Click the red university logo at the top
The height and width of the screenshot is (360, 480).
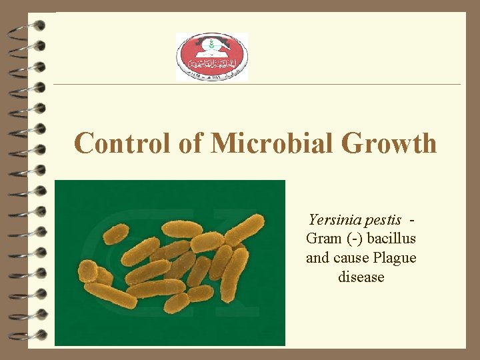click(x=211, y=57)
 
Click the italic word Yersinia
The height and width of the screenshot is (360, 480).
click(x=335, y=220)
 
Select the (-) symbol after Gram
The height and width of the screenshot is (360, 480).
click(x=353, y=239)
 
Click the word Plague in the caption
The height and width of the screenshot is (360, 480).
click(x=395, y=257)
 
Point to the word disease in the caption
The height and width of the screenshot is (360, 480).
click(x=361, y=276)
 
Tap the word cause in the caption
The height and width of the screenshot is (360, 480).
click(x=351, y=257)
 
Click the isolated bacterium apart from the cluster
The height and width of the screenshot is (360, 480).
click(x=116, y=233)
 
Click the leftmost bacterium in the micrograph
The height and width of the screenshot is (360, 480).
click(x=87, y=271)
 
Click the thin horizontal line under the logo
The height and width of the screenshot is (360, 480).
click(x=257, y=84)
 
